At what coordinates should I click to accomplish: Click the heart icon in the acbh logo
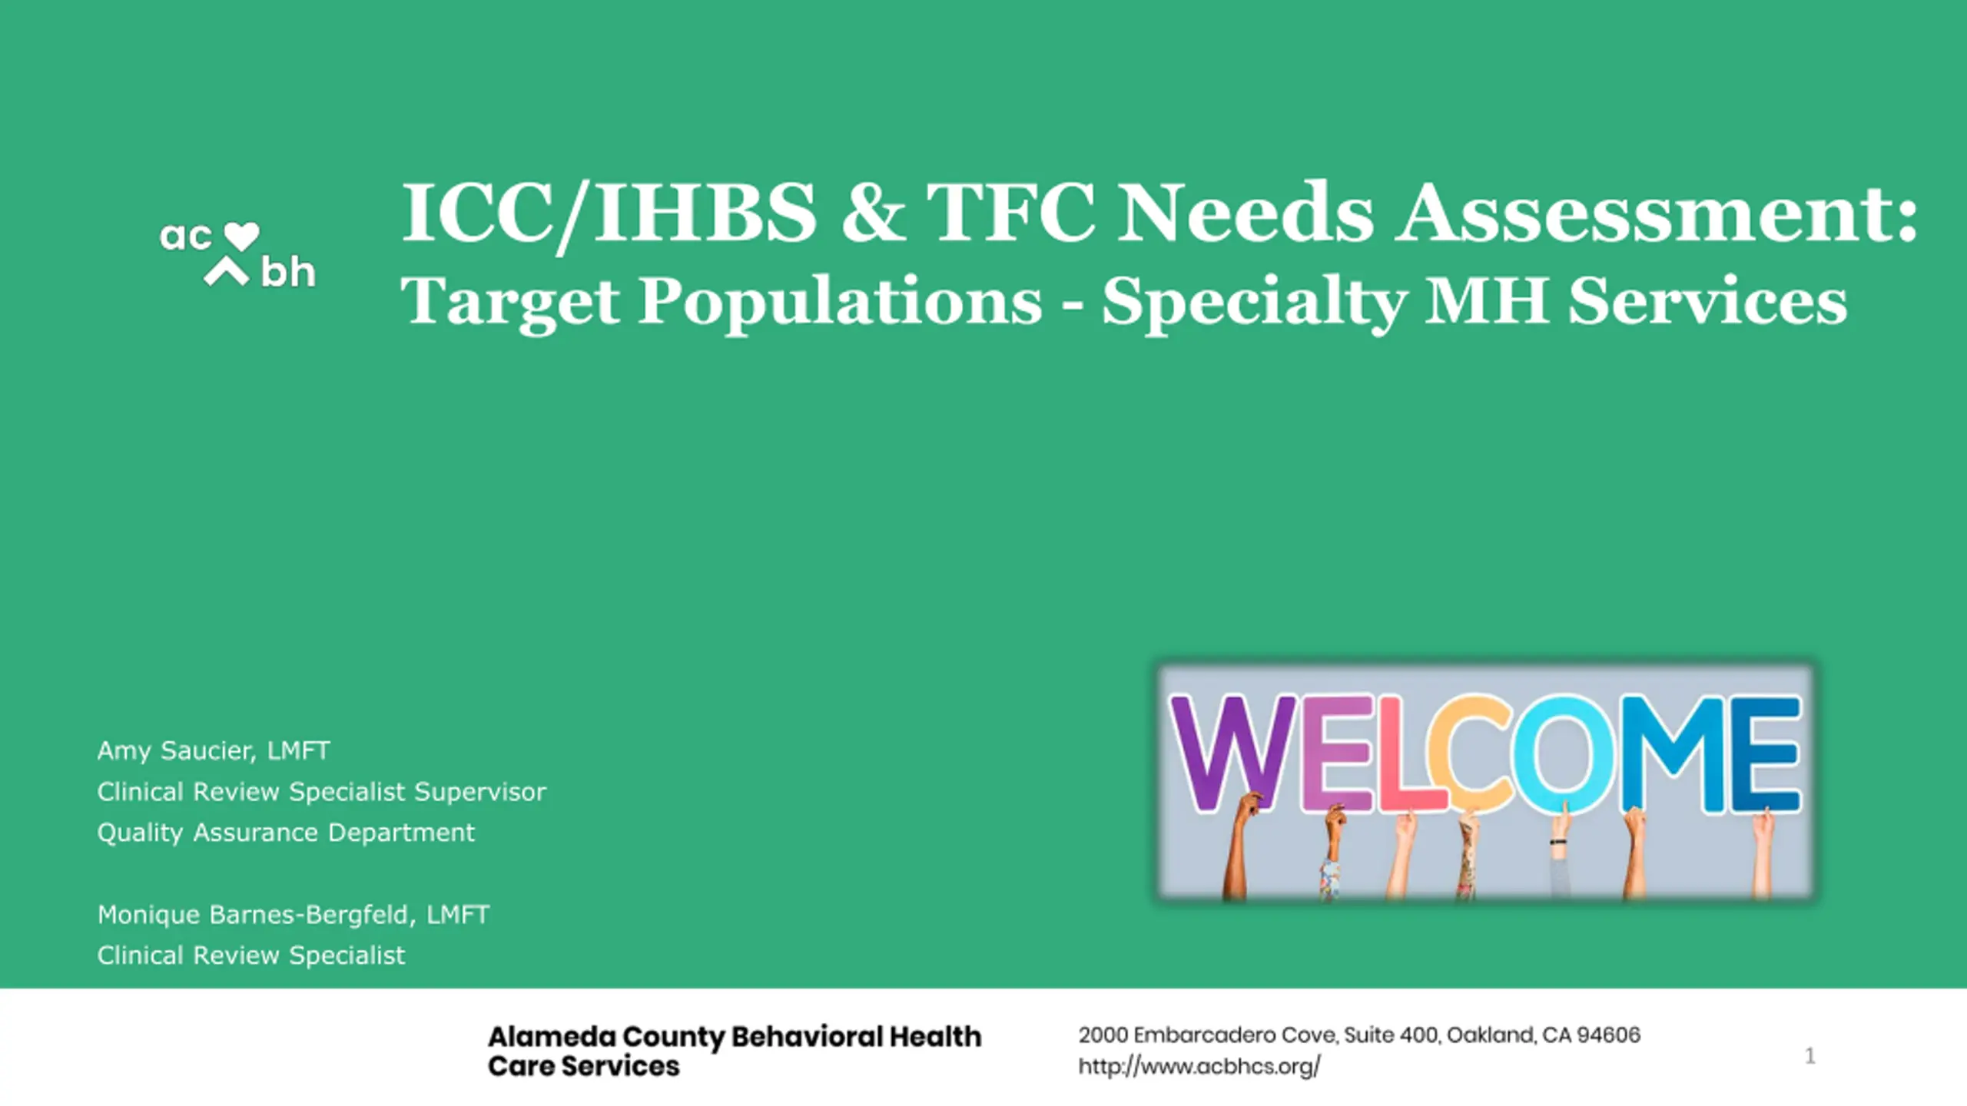pos(240,237)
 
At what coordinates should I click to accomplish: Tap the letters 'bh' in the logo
pos(288,272)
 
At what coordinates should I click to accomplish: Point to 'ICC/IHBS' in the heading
pos(609,214)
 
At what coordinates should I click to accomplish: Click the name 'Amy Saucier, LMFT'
pos(214,750)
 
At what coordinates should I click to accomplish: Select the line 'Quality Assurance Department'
pos(286,833)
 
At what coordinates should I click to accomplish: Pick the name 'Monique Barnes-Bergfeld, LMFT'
pos(294,914)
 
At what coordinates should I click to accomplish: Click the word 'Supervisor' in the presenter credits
pos(480,792)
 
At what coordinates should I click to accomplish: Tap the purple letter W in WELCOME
pos(1233,753)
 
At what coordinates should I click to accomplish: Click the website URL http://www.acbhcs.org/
pos(1199,1067)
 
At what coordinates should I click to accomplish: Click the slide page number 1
pos(1810,1056)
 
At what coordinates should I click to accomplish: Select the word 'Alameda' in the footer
pos(552,1037)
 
